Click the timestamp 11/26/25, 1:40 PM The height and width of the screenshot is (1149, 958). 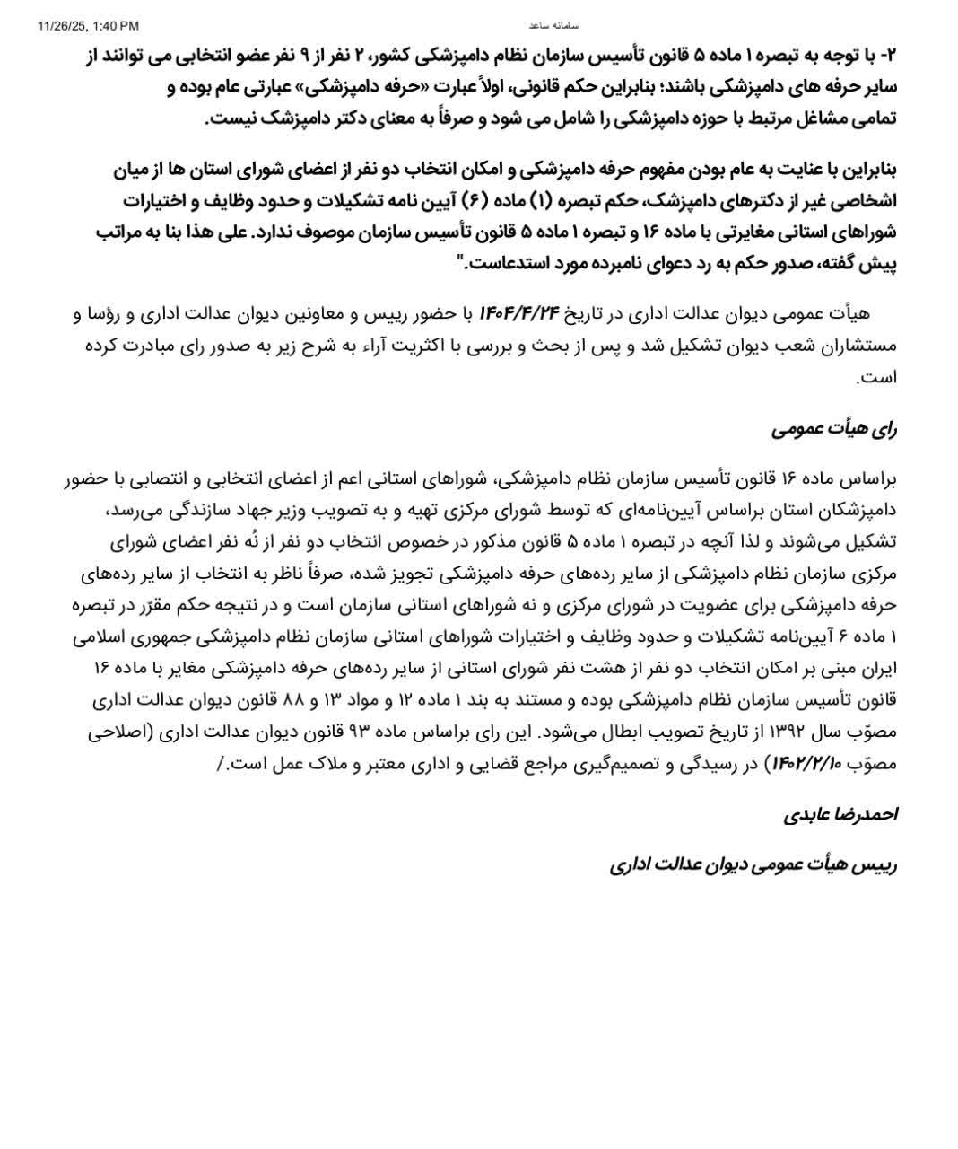[89, 26]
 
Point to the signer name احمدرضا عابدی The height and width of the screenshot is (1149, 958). [840, 815]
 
